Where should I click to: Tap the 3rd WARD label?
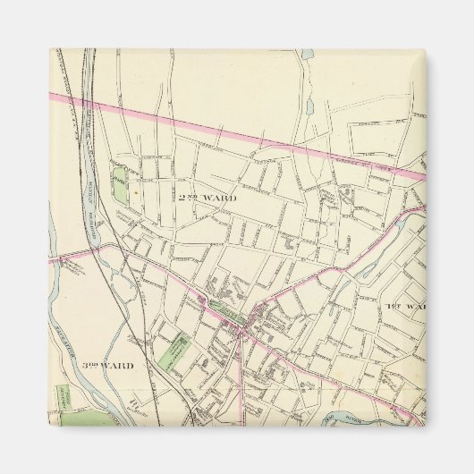(x=107, y=366)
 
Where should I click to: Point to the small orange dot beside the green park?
(x=135, y=190)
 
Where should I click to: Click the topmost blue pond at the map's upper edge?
(x=309, y=55)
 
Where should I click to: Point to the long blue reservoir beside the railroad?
(x=92, y=206)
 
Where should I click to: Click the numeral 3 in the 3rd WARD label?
(x=87, y=366)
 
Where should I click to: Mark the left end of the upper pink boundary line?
(x=52, y=92)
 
